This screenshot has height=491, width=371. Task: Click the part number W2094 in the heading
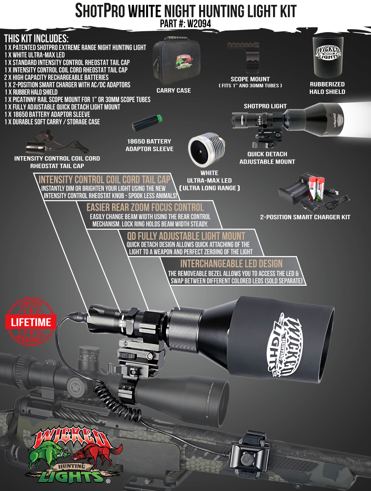(x=199, y=24)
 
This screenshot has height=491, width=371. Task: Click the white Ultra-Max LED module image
(x=206, y=150)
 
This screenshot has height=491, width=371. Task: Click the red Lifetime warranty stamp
(x=31, y=322)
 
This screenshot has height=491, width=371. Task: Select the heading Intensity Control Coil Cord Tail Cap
(x=104, y=180)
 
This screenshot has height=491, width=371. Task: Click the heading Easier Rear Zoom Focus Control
(x=145, y=207)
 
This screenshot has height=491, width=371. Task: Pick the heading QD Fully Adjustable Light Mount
(x=186, y=236)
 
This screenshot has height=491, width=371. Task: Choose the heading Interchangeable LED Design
(x=231, y=264)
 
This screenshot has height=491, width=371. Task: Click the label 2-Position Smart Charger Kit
(x=305, y=217)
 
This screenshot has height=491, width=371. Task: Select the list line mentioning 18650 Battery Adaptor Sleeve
(x=47, y=114)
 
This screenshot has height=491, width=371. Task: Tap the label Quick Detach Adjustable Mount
(x=267, y=158)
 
